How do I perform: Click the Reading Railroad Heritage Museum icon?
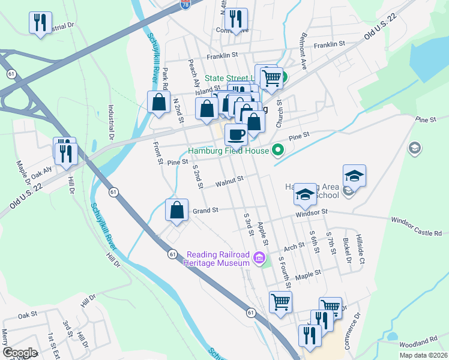tap(259, 259)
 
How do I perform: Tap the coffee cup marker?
tap(236, 134)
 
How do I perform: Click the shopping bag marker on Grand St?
tap(176, 211)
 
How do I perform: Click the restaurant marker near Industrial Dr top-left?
tap(40, 23)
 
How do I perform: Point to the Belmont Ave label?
tap(300, 56)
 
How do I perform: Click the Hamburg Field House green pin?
tap(277, 150)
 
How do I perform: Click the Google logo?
tap(20, 352)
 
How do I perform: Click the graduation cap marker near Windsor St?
tap(305, 193)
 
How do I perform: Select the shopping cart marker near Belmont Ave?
tap(272, 76)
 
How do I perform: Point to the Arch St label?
tap(294, 247)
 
